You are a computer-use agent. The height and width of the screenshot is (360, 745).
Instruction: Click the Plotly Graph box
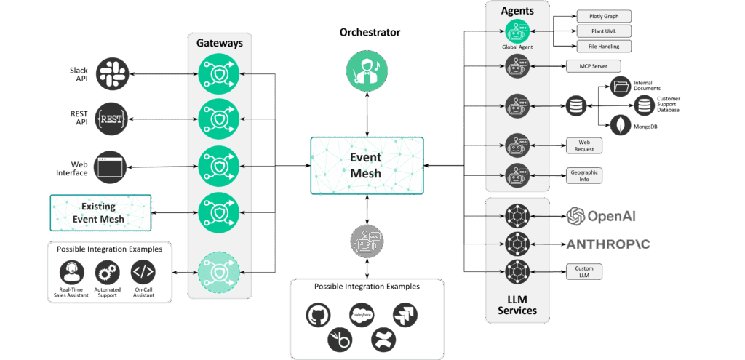coord(604,16)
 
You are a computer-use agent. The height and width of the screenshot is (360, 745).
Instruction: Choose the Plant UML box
coord(604,31)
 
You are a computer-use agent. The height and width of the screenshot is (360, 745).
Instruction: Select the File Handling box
coord(604,47)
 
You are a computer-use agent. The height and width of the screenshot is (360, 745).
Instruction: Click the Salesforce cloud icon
coord(361,314)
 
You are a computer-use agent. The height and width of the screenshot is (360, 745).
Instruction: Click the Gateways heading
coord(219,43)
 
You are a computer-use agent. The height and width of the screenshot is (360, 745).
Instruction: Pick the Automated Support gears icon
coord(108,273)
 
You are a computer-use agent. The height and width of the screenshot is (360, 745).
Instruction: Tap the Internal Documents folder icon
coord(621,87)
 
